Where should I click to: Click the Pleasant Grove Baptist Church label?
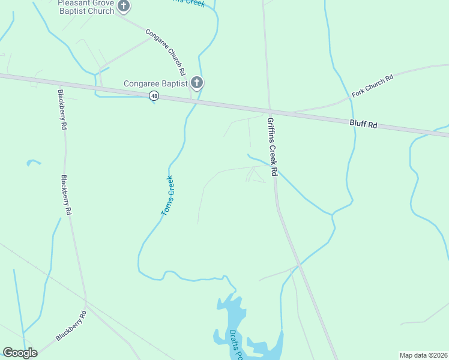(x=85, y=7)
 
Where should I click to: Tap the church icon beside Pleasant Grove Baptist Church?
(x=124, y=7)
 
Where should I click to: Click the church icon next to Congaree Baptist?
(x=197, y=83)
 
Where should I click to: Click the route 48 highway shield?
(x=155, y=96)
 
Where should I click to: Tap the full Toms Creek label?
(x=167, y=196)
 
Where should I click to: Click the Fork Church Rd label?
(x=372, y=85)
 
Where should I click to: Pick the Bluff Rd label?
(x=364, y=125)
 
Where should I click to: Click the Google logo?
(x=20, y=353)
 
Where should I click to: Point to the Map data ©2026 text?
(x=423, y=355)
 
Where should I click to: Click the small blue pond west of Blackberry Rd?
(x=34, y=162)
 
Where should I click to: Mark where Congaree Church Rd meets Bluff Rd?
(x=192, y=100)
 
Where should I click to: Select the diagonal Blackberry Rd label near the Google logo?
(x=71, y=326)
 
